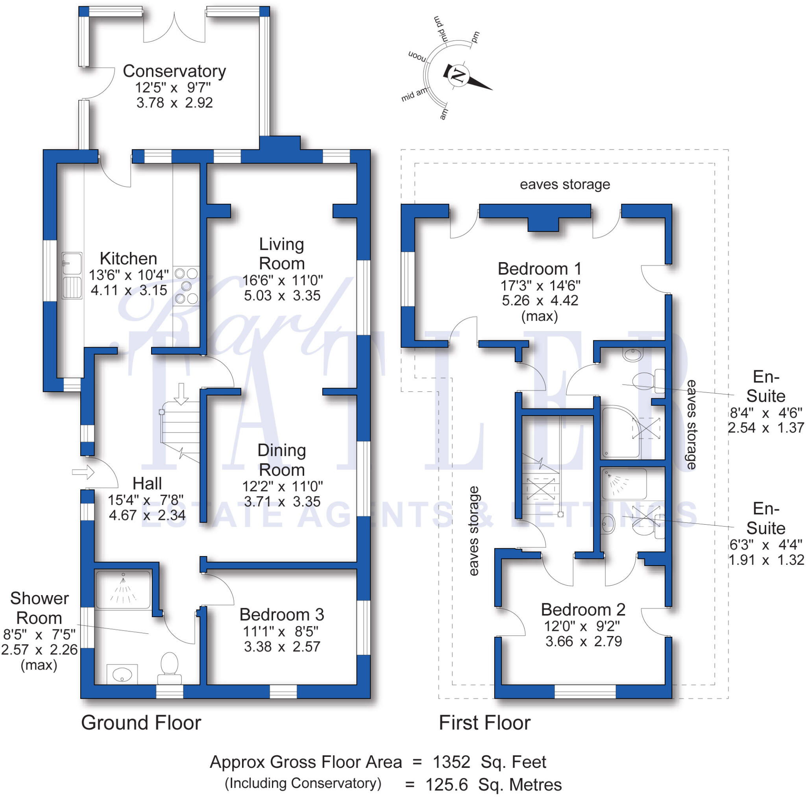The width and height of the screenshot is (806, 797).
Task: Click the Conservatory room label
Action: tap(174, 71)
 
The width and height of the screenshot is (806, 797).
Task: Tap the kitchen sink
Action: tap(72, 276)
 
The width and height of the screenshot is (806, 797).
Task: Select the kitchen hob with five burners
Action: tap(186, 286)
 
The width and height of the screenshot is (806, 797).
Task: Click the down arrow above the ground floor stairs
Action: tap(181, 394)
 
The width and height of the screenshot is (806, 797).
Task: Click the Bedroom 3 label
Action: tap(282, 615)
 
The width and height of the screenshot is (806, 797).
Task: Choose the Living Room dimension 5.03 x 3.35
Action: tap(282, 296)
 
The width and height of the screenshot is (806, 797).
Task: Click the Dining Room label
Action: tap(282, 460)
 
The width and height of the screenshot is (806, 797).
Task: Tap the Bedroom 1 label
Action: tap(540, 268)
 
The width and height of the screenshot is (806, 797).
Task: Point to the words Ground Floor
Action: tap(141, 723)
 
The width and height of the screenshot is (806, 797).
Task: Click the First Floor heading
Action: tap(484, 723)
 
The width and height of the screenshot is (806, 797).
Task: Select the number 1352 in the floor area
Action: tap(452, 762)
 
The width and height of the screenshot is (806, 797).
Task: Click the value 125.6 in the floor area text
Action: tap(447, 785)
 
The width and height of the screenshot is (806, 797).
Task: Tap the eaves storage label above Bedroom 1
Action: tap(565, 184)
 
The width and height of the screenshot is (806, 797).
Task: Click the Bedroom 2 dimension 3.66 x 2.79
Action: tap(584, 641)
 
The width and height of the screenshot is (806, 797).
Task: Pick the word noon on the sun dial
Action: tap(417, 56)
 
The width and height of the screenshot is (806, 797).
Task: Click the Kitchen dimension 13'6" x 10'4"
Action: tap(129, 275)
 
